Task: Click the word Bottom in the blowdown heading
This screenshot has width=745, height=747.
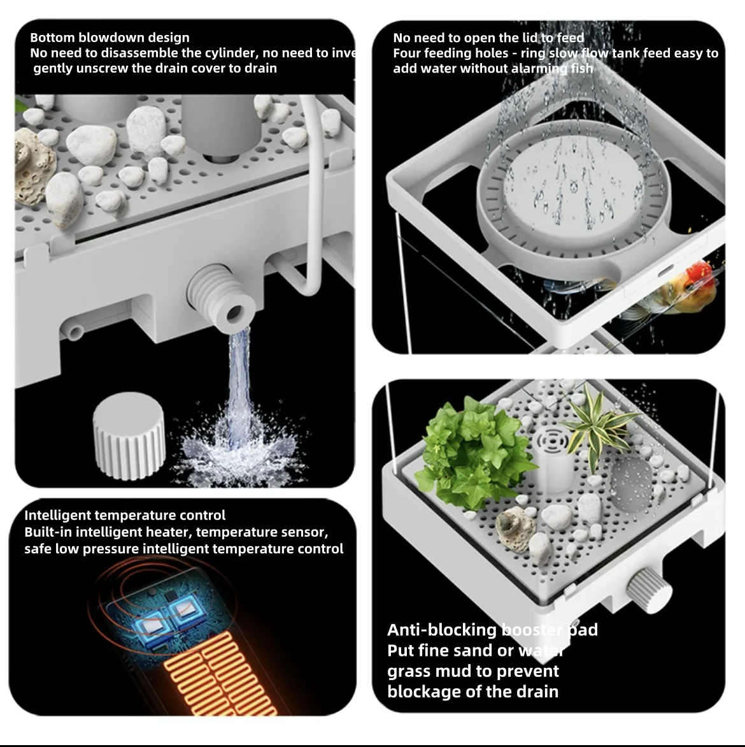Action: click(x=52, y=38)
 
